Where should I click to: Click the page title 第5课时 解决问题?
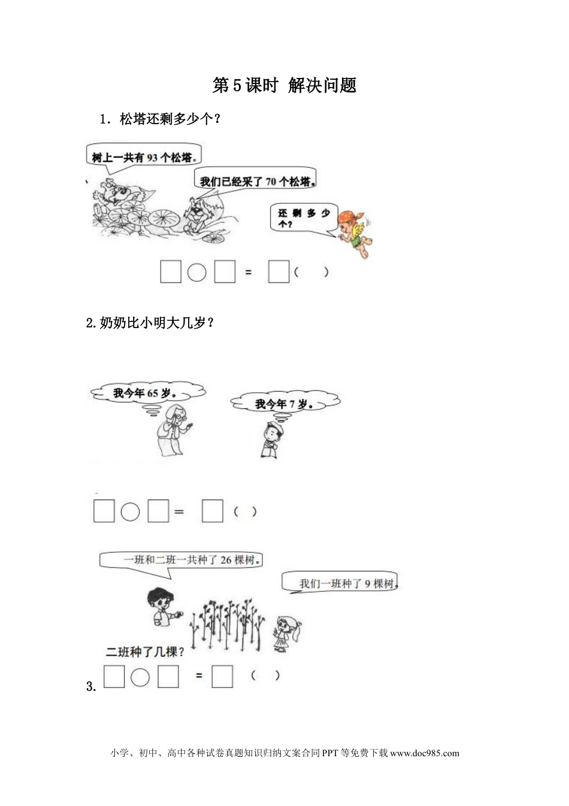(284, 86)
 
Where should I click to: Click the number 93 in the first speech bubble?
(152, 158)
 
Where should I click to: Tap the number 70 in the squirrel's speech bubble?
(271, 181)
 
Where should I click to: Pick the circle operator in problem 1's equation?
(196, 272)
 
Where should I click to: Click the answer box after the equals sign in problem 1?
(279, 272)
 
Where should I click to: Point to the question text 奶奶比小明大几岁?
(150, 323)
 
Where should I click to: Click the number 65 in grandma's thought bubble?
(153, 393)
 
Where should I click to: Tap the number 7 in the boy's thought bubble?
(292, 404)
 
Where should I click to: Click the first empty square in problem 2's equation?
(104, 511)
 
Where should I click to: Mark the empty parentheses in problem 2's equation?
(245, 512)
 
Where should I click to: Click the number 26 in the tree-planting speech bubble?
(226, 560)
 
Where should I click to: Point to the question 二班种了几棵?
(145, 652)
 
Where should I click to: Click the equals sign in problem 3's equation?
(199, 676)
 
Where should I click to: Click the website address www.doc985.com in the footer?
(424, 753)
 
